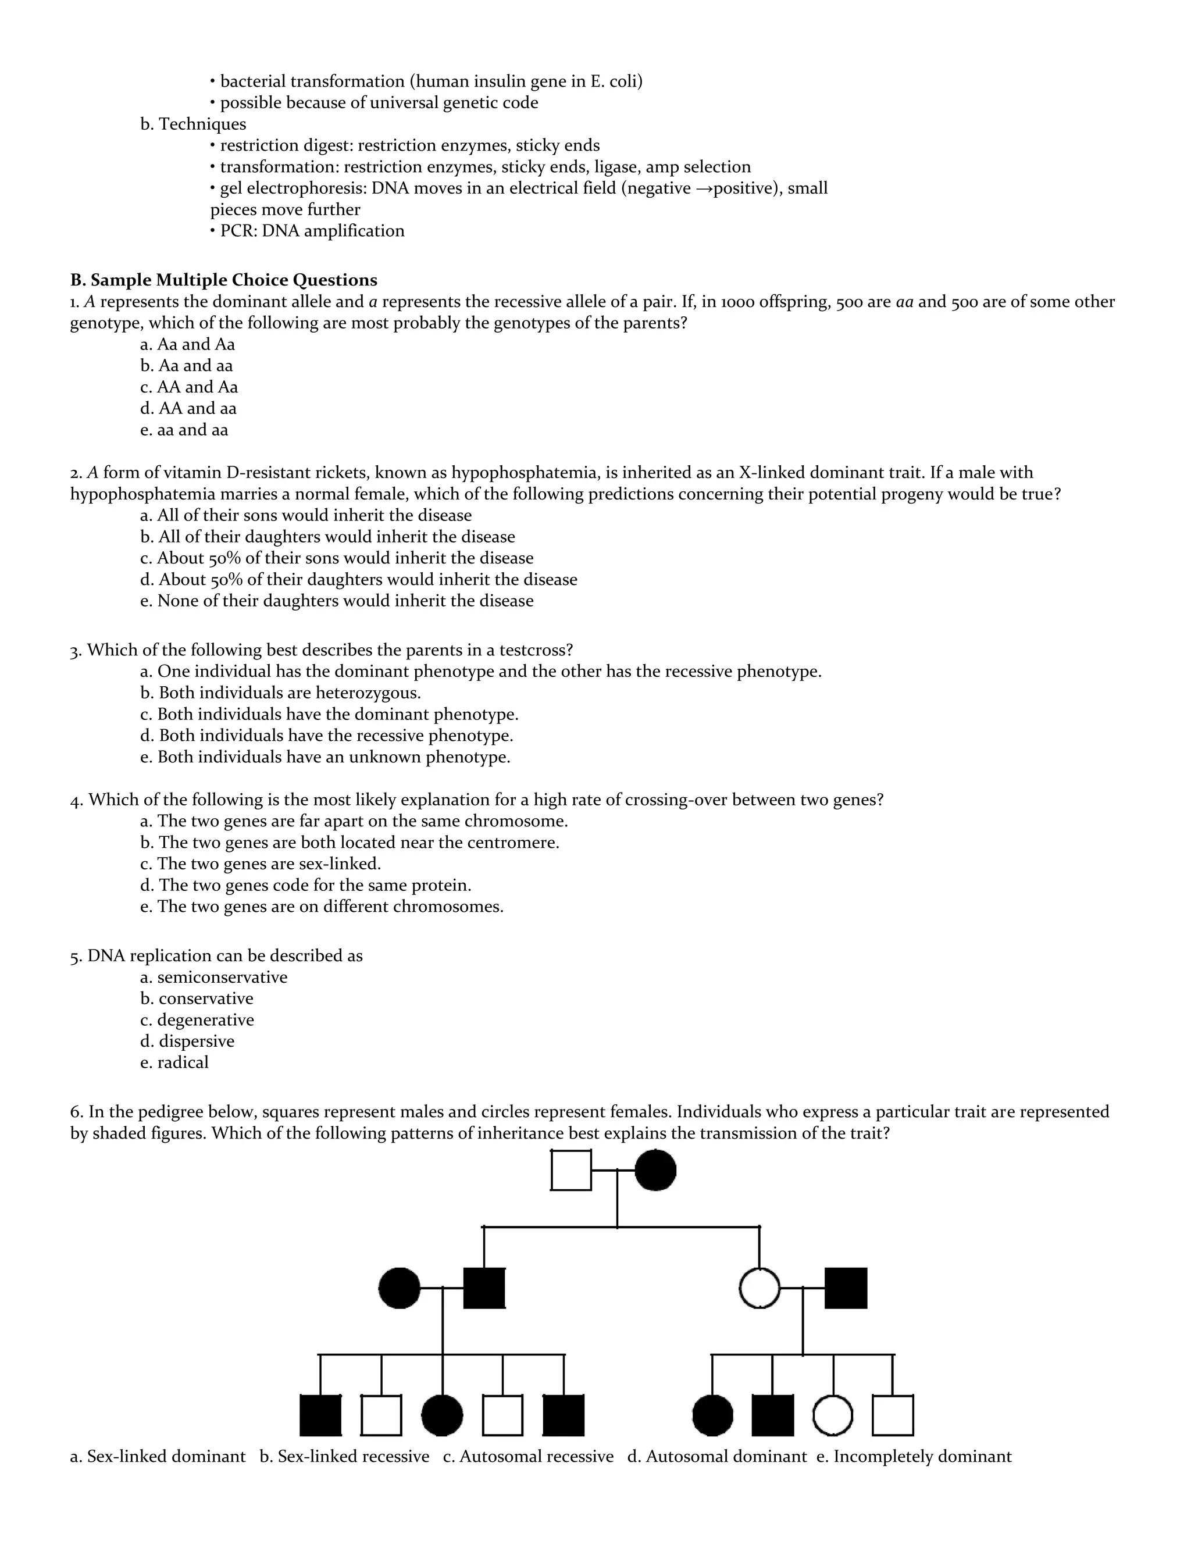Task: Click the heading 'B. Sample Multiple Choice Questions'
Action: click(x=224, y=280)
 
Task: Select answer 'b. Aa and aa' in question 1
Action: click(x=186, y=366)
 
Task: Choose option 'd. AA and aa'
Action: click(x=188, y=409)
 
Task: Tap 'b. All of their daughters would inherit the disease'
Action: click(x=327, y=537)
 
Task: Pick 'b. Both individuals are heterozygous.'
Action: click(x=280, y=693)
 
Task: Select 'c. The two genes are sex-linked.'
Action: click(x=261, y=864)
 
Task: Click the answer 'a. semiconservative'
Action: click(x=214, y=978)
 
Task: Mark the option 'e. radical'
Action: click(x=174, y=1062)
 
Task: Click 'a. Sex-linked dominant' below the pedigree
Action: click(x=158, y=1456)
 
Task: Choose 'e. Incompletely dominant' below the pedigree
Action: click(x=914, y=1456)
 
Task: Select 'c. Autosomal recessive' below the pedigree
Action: click(x=529, y=1456)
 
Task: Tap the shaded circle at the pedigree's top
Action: click(x=655, y=1171)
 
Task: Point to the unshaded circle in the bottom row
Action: click(x=833, y=1416)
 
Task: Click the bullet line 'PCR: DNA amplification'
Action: click(x=308, y=231)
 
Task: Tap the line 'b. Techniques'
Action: click(x=193, y=124)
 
